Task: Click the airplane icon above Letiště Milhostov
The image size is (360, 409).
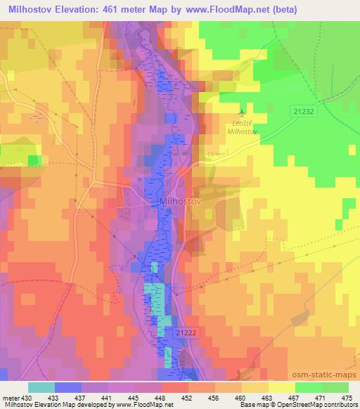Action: [x=243, y=112]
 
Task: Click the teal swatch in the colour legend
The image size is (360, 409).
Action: [x=41, y=387]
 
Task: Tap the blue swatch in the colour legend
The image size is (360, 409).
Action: [x=67, y=387]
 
